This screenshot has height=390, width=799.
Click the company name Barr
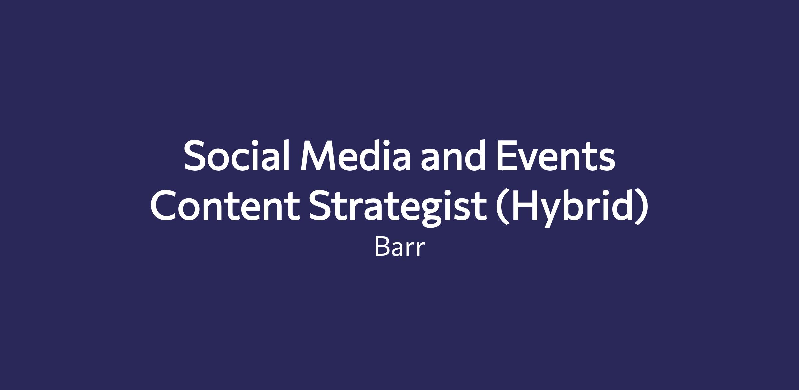click(x=400, y=247)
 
